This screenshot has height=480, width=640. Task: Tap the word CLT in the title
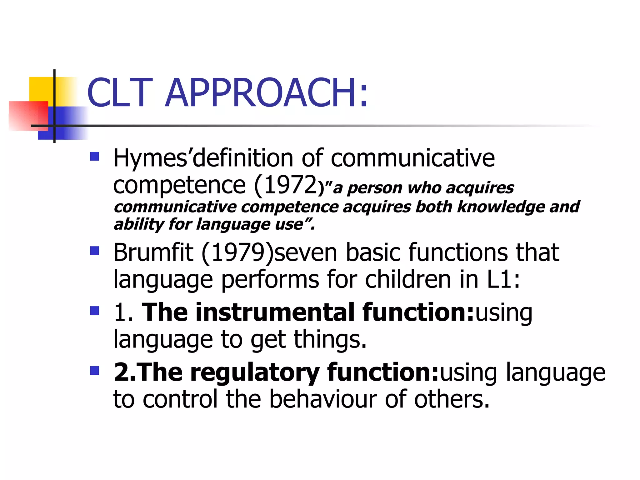[120, 93]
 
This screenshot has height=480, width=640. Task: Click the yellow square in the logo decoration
[41, 89]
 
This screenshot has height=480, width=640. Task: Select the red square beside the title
[28, 116]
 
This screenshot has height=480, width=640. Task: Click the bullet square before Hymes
[94, 156]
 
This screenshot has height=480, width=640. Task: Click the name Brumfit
[153, 252]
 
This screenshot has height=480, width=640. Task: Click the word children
[408, 279]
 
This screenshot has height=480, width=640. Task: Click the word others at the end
[451, 399]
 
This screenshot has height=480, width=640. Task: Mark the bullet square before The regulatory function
[94, 371]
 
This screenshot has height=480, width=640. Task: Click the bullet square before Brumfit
[94, 251]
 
